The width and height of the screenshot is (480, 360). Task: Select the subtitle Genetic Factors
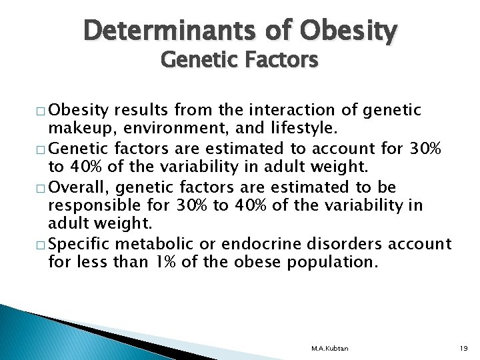[x=239, y=61]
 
